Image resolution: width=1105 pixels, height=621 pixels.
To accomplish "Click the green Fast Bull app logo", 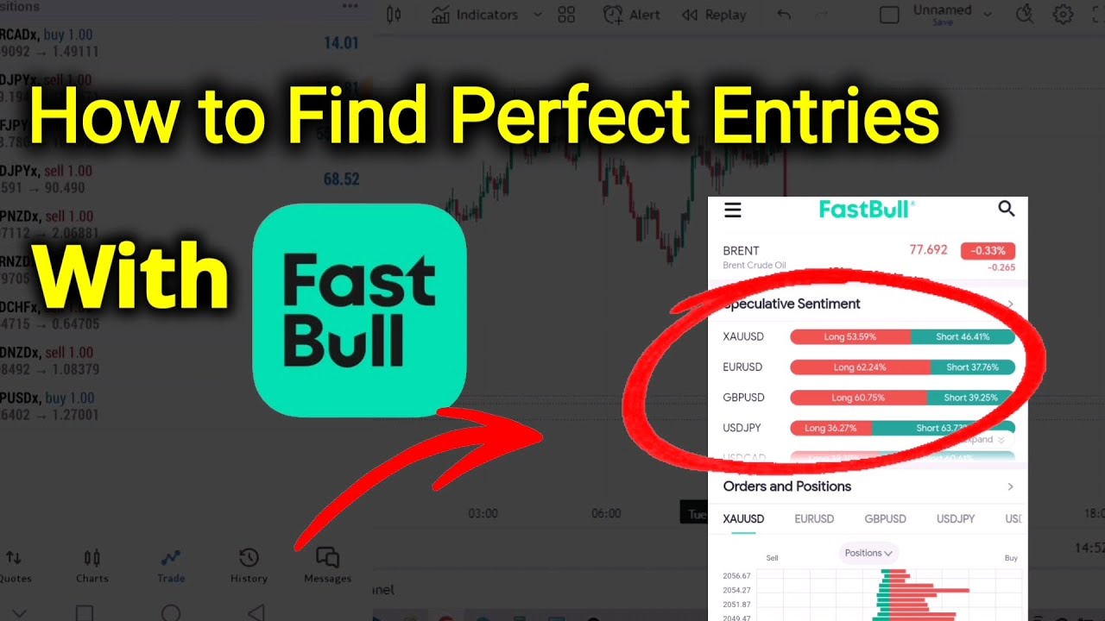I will point(359,310).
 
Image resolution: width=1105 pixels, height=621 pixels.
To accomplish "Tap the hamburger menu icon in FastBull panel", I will point(733,210).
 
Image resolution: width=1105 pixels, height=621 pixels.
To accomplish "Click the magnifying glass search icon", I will point(1006,209).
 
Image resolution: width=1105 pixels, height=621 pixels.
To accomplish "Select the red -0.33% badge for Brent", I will point(988,251).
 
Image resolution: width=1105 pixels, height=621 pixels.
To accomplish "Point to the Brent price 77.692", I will point(928,250).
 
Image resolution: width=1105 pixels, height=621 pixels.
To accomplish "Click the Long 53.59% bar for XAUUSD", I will point(849,336).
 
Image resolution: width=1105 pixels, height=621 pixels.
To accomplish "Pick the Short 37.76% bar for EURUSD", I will point(972,367).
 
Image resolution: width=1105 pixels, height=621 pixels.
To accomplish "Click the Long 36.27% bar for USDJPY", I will point(830,428).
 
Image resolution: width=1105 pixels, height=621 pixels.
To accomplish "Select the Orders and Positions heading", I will point(786,486).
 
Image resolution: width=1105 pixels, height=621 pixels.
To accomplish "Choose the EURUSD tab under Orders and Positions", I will point(814,519).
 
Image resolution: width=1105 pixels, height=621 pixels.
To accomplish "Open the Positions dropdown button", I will point(868,553).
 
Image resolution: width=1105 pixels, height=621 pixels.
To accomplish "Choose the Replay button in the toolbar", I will point(714,15).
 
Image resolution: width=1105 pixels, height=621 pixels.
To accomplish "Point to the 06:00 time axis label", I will point(606,513).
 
